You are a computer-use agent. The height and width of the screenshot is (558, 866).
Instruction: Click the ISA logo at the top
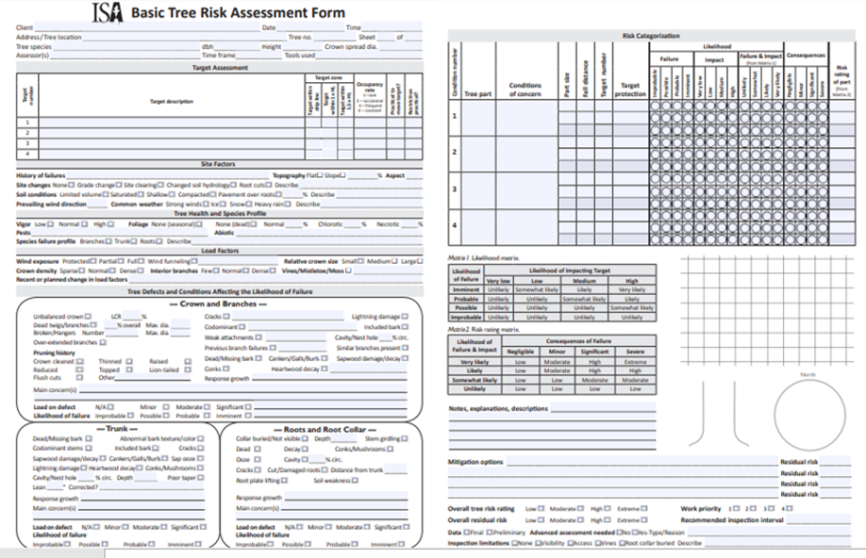(107, 12)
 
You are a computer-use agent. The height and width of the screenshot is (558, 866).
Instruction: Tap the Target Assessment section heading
(220, 69)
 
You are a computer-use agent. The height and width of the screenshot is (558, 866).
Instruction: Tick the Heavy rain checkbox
(291, 204)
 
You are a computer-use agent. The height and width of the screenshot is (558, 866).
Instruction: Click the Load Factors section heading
(220, 251)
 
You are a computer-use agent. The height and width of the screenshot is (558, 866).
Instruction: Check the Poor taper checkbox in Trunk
(202, 478)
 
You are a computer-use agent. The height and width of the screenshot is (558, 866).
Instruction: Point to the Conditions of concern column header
(525, 90)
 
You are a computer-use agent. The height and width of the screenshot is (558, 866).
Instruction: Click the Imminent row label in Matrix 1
(466, 289)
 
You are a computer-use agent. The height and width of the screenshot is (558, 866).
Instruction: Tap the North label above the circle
(807, 375)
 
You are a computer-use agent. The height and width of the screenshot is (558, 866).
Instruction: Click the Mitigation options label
(475, 462)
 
